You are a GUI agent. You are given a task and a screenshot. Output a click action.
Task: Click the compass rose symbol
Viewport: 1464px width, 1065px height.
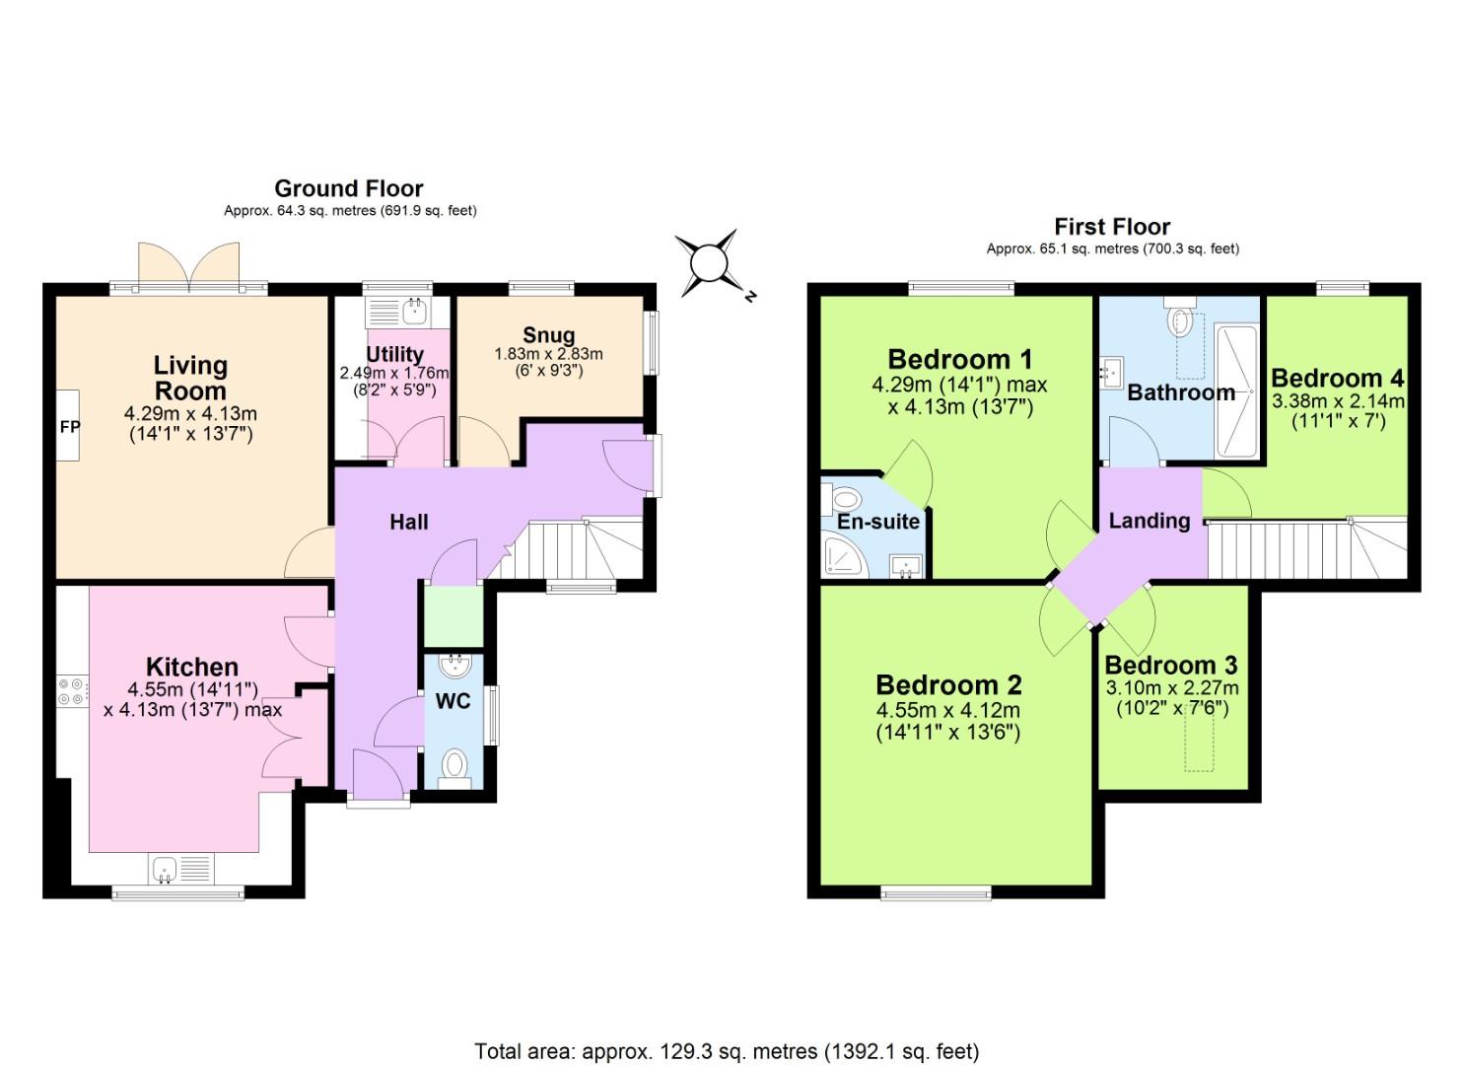pos(709,263)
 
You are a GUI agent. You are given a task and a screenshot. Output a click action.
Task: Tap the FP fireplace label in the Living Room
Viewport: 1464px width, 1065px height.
pos(70,427)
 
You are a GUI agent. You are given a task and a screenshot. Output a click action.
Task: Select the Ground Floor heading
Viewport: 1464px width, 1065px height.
pos(348,188)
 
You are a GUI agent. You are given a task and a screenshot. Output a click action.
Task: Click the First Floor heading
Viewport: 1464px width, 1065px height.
pos(1112,227)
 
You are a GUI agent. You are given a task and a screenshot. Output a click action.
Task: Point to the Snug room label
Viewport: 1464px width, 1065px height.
pos(548,335)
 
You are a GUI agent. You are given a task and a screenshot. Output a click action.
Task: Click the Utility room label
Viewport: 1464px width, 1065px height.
pos(394,354)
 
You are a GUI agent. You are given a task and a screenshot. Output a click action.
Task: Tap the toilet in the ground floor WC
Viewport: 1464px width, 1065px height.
pos(454,765)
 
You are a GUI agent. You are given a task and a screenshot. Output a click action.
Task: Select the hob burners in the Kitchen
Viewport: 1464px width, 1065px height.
pos(71,690)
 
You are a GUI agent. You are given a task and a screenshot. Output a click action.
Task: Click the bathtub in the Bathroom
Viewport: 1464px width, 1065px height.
pos(1236,390)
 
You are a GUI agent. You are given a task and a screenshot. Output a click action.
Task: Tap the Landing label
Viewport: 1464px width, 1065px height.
pos(1149,521)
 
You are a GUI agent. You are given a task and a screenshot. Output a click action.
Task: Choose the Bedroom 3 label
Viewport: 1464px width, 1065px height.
pos(1170,666)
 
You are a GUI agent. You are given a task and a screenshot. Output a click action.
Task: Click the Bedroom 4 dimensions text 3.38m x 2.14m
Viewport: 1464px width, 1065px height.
pos(1337,401)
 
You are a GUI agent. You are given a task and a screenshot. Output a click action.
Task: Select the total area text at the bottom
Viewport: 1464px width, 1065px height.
pos(727,1051)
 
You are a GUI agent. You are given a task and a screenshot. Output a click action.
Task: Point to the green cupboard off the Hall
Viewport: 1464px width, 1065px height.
pos(453,615)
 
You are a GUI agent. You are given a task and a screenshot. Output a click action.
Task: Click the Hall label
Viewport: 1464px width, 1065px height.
pos(408,523)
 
